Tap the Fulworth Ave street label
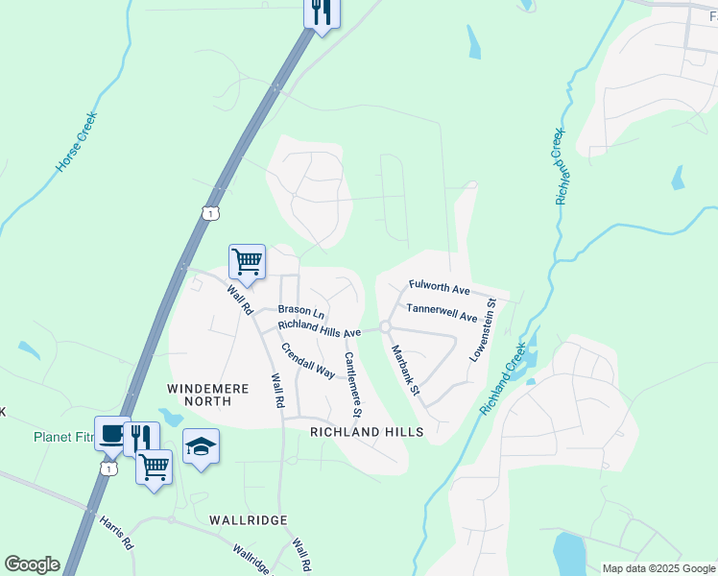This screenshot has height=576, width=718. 439,287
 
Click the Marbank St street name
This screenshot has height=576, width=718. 405,369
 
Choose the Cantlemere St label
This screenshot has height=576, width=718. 352,384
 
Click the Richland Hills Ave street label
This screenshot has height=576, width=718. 320,328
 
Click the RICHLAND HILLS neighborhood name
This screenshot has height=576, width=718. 367,433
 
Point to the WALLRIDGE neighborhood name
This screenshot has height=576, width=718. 249,520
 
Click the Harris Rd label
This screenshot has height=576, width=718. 116,533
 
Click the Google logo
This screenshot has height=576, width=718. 32,564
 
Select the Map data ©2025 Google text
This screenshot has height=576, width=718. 658,568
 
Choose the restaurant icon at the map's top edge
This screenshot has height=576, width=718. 322,12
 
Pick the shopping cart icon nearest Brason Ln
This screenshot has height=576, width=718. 247,261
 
